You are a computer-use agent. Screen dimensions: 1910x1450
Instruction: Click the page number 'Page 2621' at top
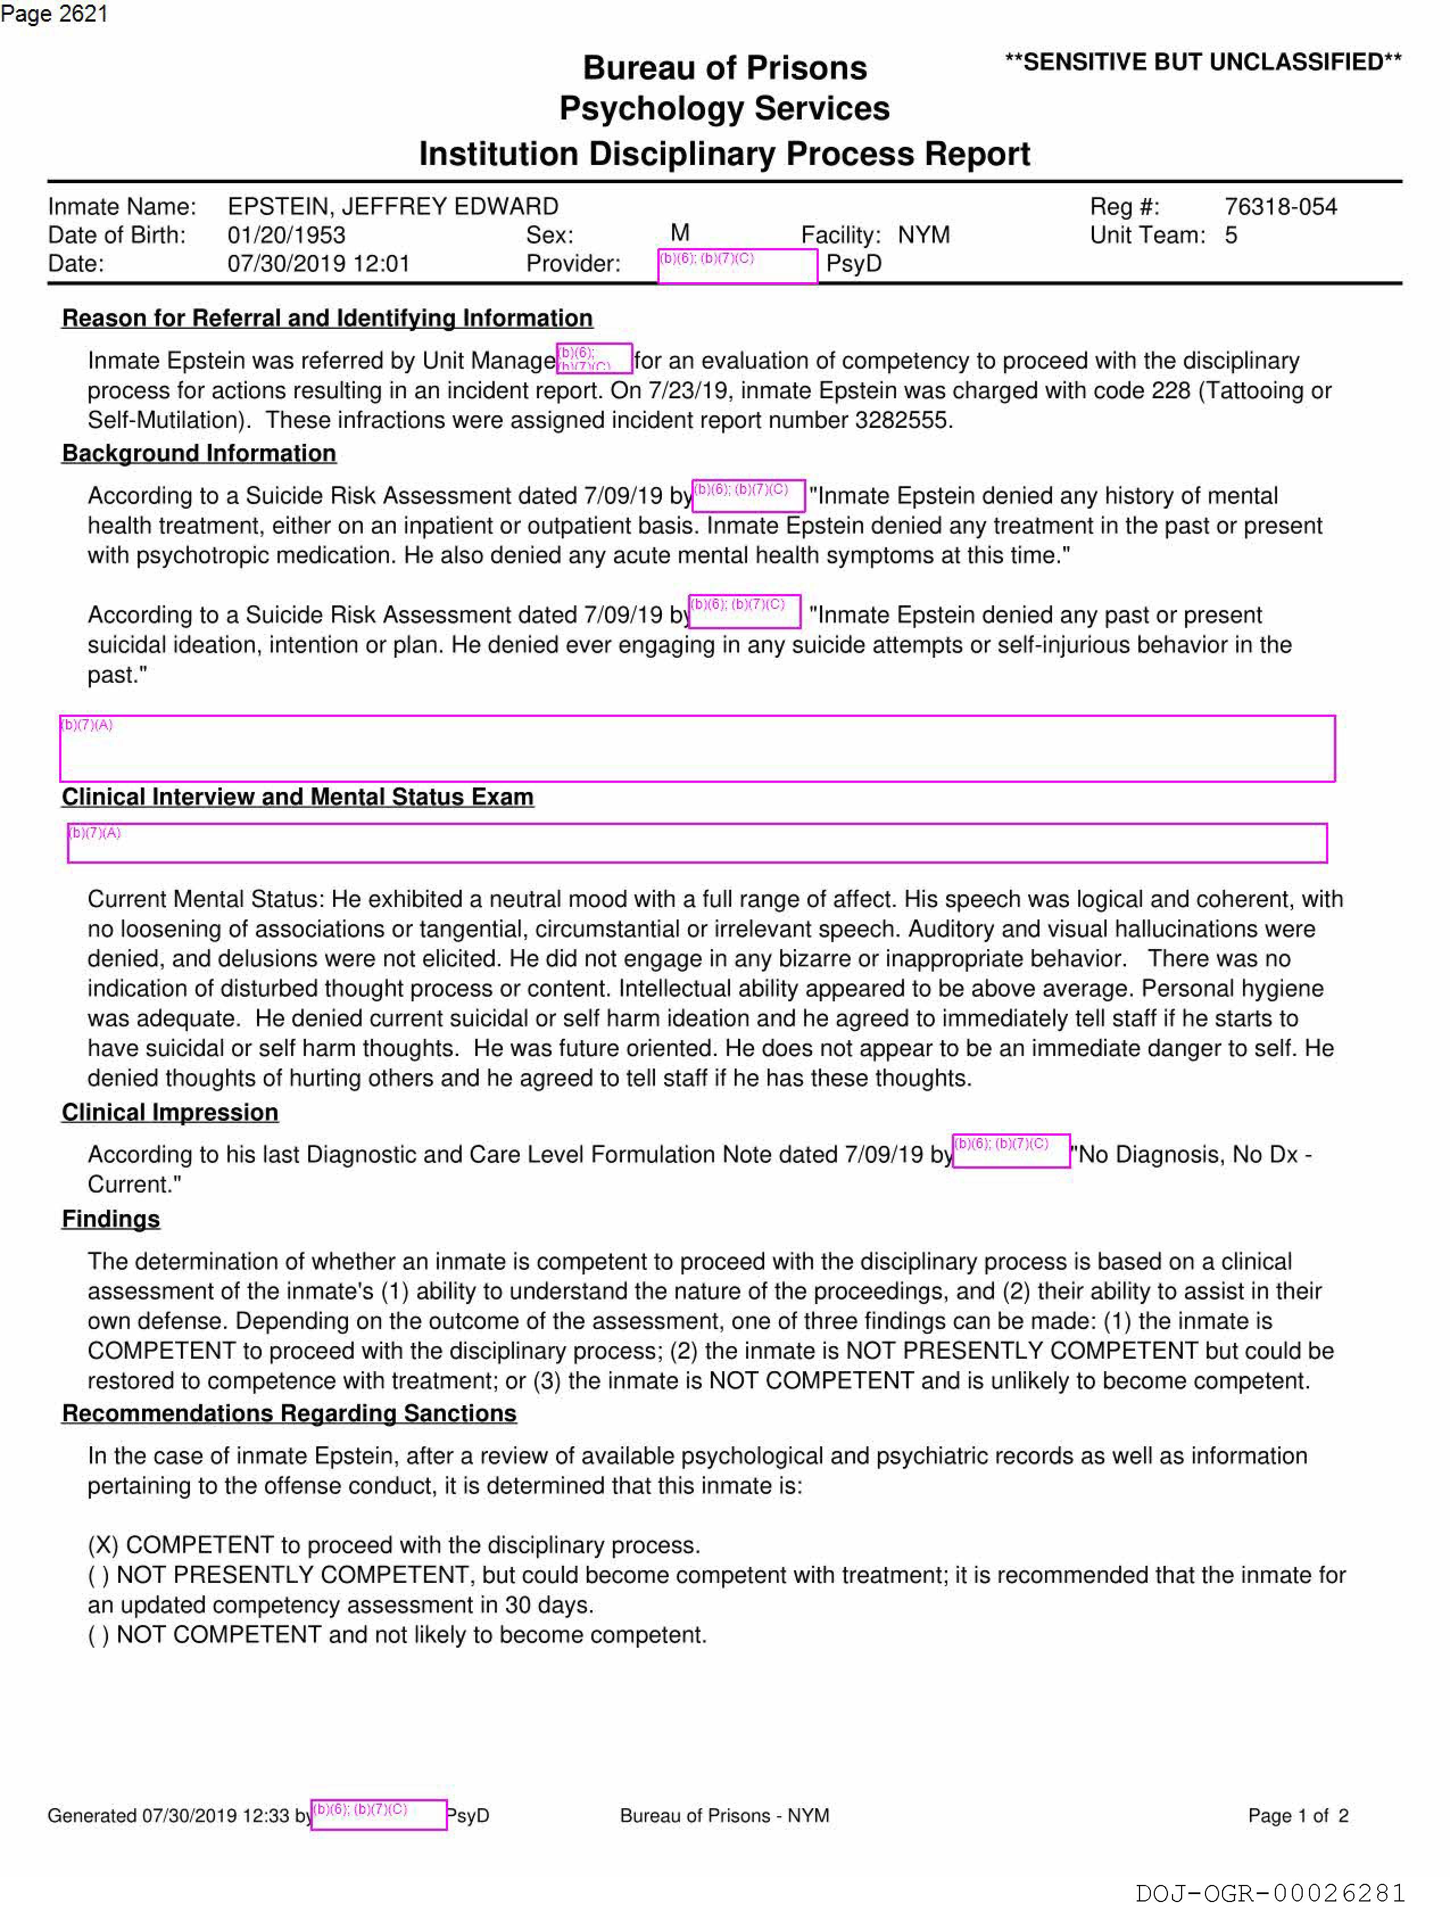pos(53,14)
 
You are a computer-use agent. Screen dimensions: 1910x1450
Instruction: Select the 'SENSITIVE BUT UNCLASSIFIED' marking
pos(1202,62)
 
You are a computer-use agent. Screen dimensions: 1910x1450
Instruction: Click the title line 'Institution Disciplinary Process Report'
pos(724,154)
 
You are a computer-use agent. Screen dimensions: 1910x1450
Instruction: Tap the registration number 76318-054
pos(1280,207)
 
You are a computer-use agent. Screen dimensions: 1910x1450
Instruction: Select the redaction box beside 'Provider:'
pos(737,266)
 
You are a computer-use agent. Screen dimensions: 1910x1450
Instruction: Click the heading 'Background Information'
pos(198,453)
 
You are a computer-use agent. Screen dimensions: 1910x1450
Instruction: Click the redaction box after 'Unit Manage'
pos(594,358)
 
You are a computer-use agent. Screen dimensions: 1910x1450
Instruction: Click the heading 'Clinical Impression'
pos(169,1112)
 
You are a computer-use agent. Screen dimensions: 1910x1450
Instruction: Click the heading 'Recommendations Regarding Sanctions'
pos(288,1413)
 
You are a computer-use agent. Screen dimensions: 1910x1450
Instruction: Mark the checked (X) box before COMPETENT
pos(103,1545)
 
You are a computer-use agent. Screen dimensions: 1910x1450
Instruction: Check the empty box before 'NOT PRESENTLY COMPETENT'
pos(98,1575)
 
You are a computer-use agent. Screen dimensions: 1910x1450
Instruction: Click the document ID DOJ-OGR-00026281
pos(1270,1893)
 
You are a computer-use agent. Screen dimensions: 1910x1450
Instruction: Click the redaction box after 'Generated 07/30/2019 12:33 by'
pos(378,1814)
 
